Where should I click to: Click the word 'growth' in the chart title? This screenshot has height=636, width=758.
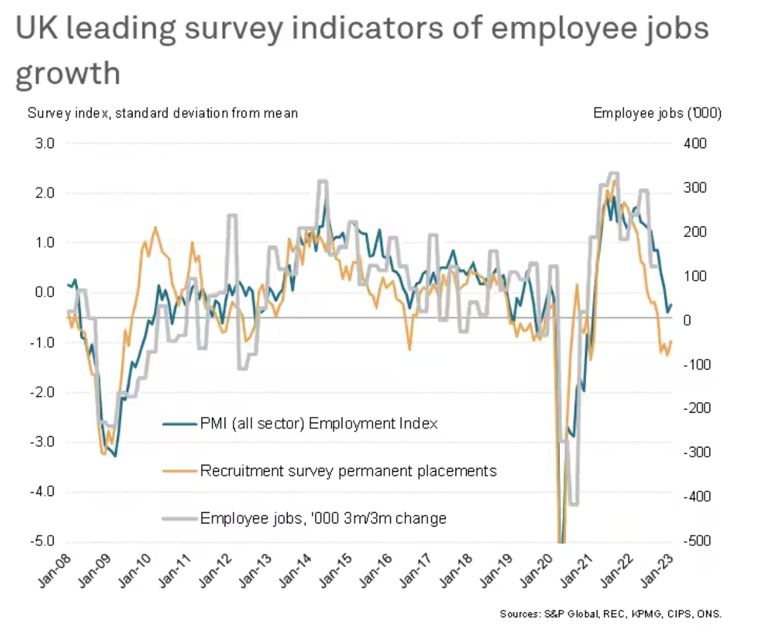click(x=67, y=73)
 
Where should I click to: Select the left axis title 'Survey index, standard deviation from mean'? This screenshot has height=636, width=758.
click(x=162, y=113)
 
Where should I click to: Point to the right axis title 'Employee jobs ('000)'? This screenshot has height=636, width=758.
click(x=657, y=113)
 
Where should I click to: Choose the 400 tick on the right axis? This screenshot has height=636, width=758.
click(x=695, y=143)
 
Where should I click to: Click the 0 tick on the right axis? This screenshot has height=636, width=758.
click(x=686, y=320)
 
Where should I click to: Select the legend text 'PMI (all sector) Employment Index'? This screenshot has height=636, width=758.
click(x=319, y=424)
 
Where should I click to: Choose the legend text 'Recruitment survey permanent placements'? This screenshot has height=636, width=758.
click(x=348, y=471)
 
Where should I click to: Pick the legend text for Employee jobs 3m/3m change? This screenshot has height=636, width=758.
click(x=323, y=518)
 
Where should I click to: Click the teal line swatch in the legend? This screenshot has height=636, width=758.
click(x=180, y=424)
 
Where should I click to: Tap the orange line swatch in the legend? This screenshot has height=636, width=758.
click(x=180, y=471)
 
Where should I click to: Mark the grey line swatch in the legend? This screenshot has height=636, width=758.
click(x=180, y=518)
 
